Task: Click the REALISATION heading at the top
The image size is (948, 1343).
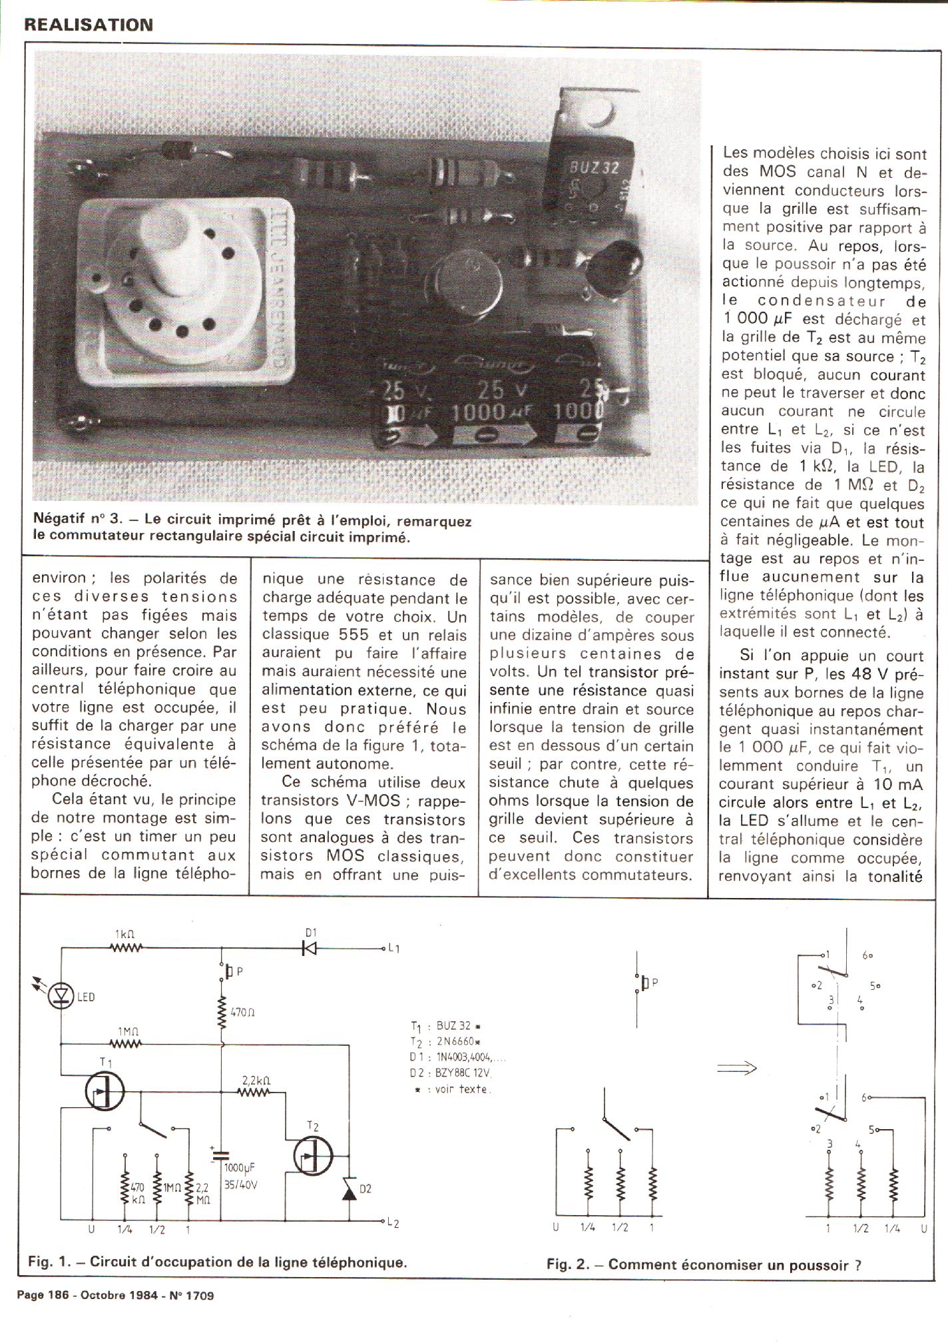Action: [89, 25]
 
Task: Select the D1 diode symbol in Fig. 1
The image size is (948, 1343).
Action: [310, 947]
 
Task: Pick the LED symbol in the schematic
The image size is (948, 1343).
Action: [62, 996]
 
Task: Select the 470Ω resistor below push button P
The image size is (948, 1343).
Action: [222, 1012]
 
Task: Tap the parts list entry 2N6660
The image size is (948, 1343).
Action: [458, 1041]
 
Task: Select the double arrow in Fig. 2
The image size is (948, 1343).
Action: [737, 1067]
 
